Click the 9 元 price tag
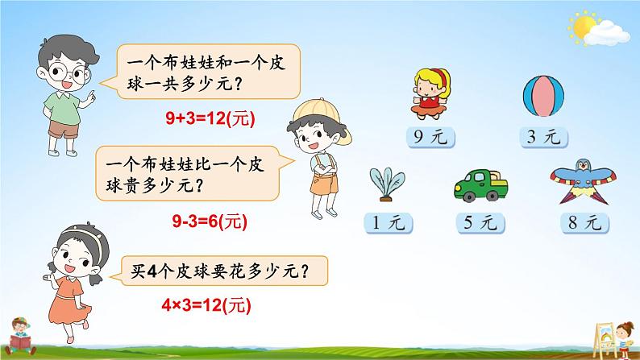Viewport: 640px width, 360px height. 430,137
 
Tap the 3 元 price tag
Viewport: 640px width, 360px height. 543,137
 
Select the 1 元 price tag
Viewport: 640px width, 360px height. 389,222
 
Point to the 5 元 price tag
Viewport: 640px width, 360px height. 480,222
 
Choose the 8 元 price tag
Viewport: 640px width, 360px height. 585,222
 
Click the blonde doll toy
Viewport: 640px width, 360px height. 431,93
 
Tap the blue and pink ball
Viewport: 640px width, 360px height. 543,96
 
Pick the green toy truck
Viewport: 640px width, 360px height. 481,185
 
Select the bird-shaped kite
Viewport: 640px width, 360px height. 584,181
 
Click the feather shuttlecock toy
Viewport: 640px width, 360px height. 387,184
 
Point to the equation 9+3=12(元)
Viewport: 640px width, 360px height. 210,118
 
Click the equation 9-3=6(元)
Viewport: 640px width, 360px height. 210,221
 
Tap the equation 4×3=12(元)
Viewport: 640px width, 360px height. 206,305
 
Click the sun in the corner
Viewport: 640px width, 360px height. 583,27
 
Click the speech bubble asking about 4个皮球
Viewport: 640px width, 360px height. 220,271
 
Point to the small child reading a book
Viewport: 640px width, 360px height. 19,336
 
